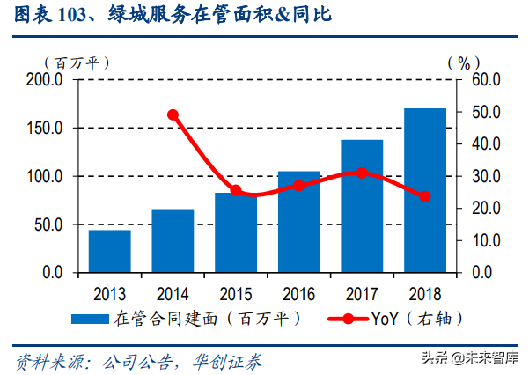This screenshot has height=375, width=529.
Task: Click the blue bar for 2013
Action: point(109,251)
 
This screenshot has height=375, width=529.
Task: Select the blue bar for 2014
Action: point(173,240)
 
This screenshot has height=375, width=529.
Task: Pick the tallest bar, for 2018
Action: point(424,190)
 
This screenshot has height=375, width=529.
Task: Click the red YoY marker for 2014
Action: point(173,114)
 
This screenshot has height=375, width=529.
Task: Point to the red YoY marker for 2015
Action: point(236,190)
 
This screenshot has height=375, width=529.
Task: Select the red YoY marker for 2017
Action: point(362,173)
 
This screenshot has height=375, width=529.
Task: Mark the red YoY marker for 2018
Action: point(425,196)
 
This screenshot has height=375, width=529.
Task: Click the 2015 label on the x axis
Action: point(235,292)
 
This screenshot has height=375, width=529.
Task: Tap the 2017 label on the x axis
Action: point(362,292)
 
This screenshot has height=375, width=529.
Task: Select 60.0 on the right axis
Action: point(484,80)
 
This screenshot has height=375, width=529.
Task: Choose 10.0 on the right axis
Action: point(484,240)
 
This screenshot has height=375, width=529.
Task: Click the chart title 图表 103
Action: point(57,16)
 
